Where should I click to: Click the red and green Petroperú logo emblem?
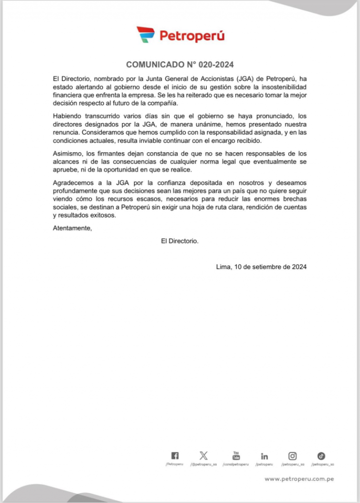pos(145,35)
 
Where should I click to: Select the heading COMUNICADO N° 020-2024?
pos(180,64)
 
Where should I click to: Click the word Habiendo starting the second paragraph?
pos(68,116)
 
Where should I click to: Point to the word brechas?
pos(295,199)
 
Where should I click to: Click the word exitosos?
pos(102,216)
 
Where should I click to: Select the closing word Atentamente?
pos(72,228)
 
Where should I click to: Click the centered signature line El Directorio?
pos(180,241)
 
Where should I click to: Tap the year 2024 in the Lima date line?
pos(299,267)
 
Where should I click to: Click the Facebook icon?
pos(175,456)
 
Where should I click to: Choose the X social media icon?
pos(203,456)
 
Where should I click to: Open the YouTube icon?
pos(236,456)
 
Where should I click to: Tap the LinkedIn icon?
pos(265,456)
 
